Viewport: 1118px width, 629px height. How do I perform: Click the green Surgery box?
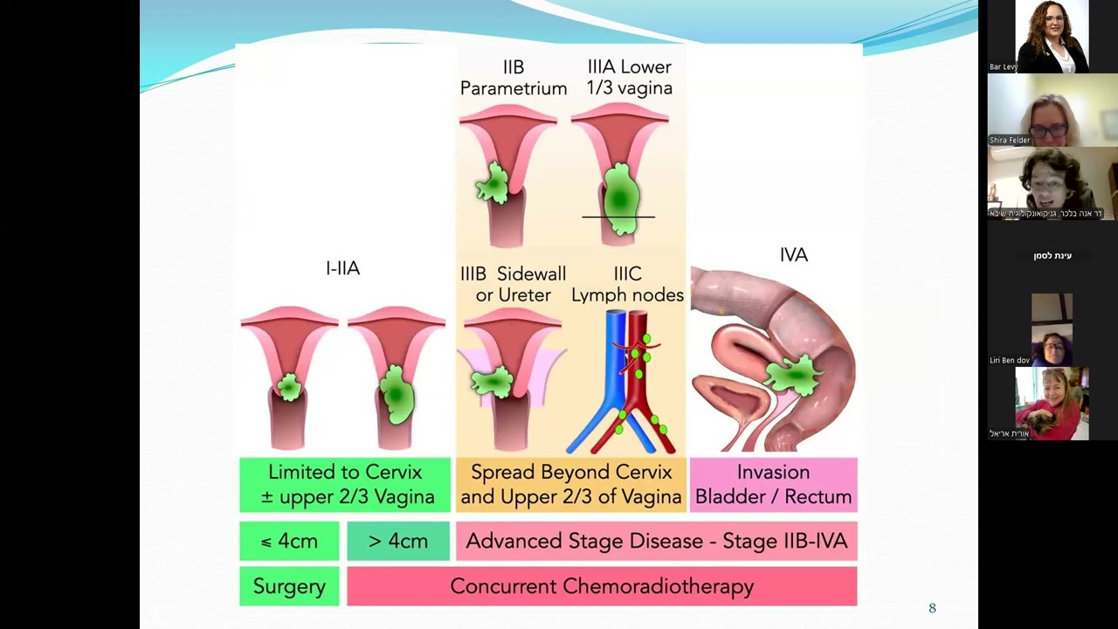(x=289, y=586)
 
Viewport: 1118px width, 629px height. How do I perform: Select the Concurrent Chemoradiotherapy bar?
(x=602, y=586)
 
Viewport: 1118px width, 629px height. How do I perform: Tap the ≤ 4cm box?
(x=289, y=541)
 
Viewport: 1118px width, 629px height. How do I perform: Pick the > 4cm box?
(x=398, y=541)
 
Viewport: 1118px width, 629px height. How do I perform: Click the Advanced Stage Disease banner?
(x=656, y=541)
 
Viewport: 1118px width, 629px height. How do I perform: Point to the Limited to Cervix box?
(x=345, y=484)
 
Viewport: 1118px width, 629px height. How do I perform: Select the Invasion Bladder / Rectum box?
(x=773, y=484)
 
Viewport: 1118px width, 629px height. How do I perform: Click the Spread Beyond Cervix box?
(x=570, y=484)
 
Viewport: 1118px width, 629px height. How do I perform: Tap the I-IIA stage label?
(x=342, y=268)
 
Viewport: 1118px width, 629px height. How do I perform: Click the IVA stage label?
(x=793, y=255)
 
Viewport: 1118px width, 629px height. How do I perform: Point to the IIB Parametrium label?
(x=514, y=78)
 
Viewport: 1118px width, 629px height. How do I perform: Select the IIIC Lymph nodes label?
(x=627, y=285)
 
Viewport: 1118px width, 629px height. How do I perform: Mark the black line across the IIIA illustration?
(x=618, y=216)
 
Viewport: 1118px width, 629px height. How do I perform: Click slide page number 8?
(x=932, y=608)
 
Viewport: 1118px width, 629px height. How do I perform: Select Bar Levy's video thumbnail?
(x=1052, y=37)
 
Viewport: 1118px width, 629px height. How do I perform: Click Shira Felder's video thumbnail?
(x=1052, y=110)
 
